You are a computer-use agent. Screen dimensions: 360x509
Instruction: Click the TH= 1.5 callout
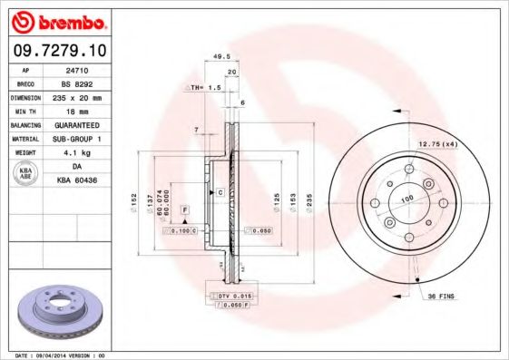pyautogui.click(x=206, y=87)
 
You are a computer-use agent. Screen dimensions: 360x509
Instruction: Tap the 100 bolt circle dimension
pyautogui.click(x=406, y=198)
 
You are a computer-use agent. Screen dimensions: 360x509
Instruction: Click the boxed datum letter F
pyautogui.click(x=184, y=209)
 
